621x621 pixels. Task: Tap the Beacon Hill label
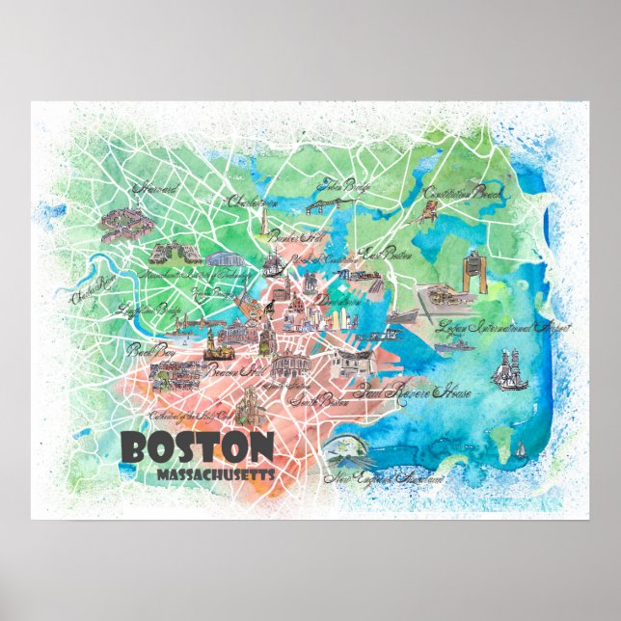[x=236, y=370]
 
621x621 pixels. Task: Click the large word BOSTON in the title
[x=199, y=449]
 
